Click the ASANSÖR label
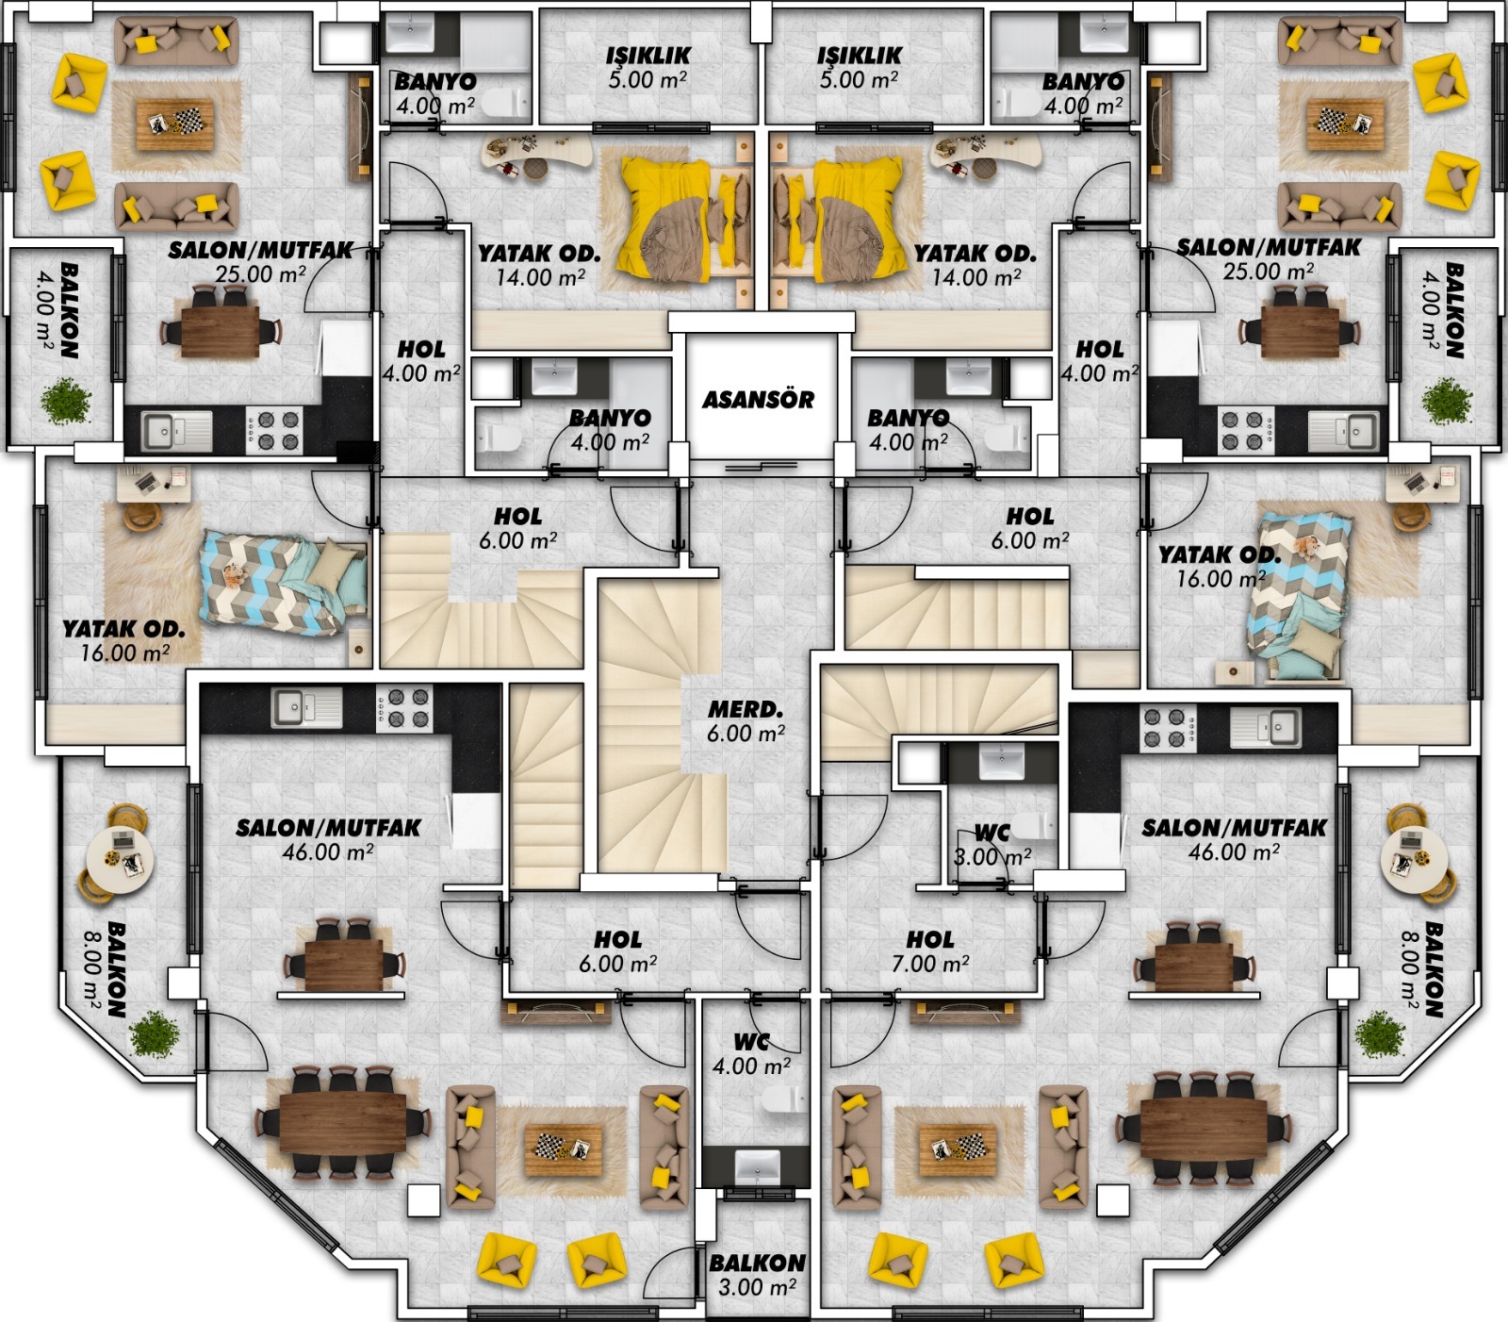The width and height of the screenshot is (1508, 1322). click(x=758, y=400)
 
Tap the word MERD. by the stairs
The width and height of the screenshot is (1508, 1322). click(x=746, y=709)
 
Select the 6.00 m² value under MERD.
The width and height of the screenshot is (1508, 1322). click(x=746, y=734)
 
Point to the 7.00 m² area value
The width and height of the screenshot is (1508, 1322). click(x=930, y=964)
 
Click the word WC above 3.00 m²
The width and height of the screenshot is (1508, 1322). click(x=992, y=833)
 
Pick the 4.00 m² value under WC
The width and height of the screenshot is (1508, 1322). click(x=751, y=1066)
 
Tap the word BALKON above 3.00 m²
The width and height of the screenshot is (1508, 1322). click(x=758, y=1263)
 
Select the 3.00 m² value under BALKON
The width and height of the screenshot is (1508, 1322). click(x=758, y=1287)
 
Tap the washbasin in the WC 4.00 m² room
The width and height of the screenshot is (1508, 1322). click(x=756, y=1166)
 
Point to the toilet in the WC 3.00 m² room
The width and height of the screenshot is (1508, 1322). click(x=1034, y=825)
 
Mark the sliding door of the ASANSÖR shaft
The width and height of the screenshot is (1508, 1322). click(x=759, y=463)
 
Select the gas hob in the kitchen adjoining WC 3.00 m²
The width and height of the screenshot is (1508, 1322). click(x=1168, y=727)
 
